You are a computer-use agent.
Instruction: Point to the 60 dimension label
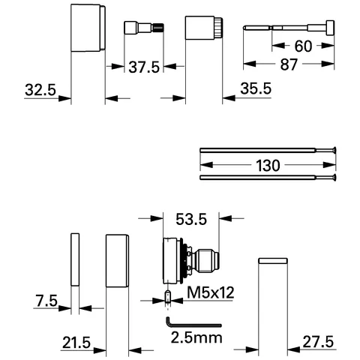[304, 46]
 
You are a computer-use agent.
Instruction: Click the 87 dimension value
[289, 66]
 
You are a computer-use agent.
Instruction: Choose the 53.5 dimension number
[190, 220]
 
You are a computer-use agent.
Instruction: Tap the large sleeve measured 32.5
[88, 28]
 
